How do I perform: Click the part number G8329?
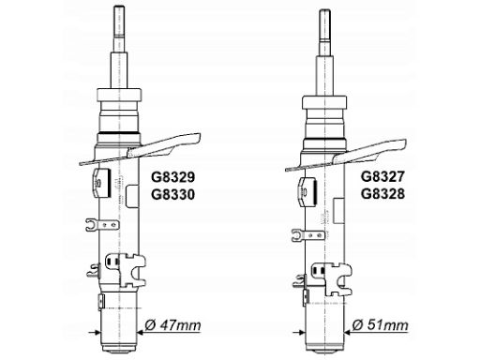click(x=172, y=177)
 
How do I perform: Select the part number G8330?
click(x=172, y=195)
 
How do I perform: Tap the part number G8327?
click(x=382, y=177)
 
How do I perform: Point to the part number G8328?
click(x=382, y=194)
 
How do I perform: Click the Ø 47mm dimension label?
click(x=172, y=325)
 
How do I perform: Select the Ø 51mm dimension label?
click(x=380, y=325)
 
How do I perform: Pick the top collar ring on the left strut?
click(x=119, y=95)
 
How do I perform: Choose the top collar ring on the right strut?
click(x=324, y=102)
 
